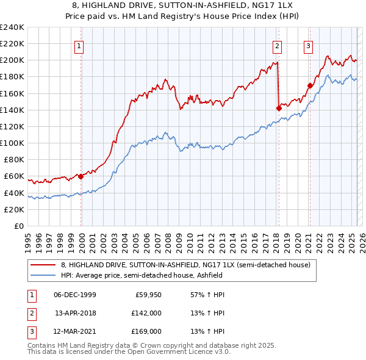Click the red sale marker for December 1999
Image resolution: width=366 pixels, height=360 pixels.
[x=81, y=176]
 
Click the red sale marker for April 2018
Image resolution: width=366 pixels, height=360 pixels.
[x=279, y=108]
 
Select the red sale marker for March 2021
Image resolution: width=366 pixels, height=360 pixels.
[x=310, y=85]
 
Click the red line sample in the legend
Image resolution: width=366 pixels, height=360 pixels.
[x=43, y=265]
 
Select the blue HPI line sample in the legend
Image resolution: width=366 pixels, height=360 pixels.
[x=43, y=275]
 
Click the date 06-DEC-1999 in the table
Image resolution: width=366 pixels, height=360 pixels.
[x=75, y=295]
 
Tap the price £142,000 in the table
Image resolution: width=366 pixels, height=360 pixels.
[x=147, y=313]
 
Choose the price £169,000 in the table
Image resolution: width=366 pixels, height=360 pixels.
[x=147, y=331]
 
